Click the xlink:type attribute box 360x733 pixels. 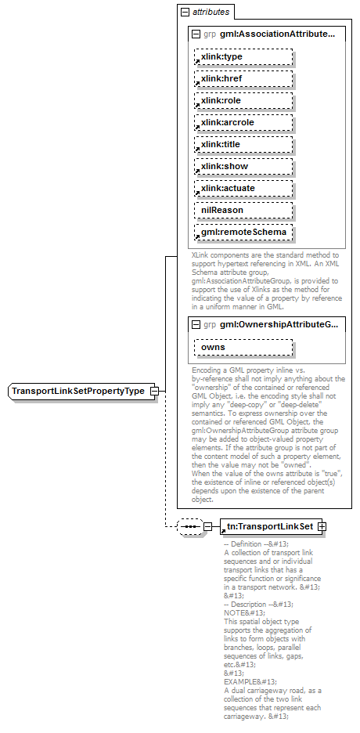pyautogui.click(x=243, y=56)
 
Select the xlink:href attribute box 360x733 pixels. pyautogui.click(x=243, y=78)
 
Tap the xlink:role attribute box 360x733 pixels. pyautogui.click(x=243, y=100)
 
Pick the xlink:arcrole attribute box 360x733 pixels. pyautogui.click(x=243, y=122)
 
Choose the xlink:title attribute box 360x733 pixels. pyautogui.click(x=243, y=144)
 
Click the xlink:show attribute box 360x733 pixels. pyautogui.click(x=243, y=166)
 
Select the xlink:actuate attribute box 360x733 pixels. pyautogui.click(x=243, y=188)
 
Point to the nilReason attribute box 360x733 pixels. pyautogui.click(x=243, y=210)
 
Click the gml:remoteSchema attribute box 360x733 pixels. pyautogui.click(x=243, y=232)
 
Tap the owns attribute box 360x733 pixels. pyautogui.click(x=243, y=346)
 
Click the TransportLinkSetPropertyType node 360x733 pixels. pyautogui.click(x=78, y=391)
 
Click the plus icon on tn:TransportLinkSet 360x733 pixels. pyautogui.click(x=321, y=526)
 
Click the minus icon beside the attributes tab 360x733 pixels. pyautogui.click(x=185, y=13)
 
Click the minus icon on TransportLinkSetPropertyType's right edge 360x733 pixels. pyautogui.click(x=154, y=391)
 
